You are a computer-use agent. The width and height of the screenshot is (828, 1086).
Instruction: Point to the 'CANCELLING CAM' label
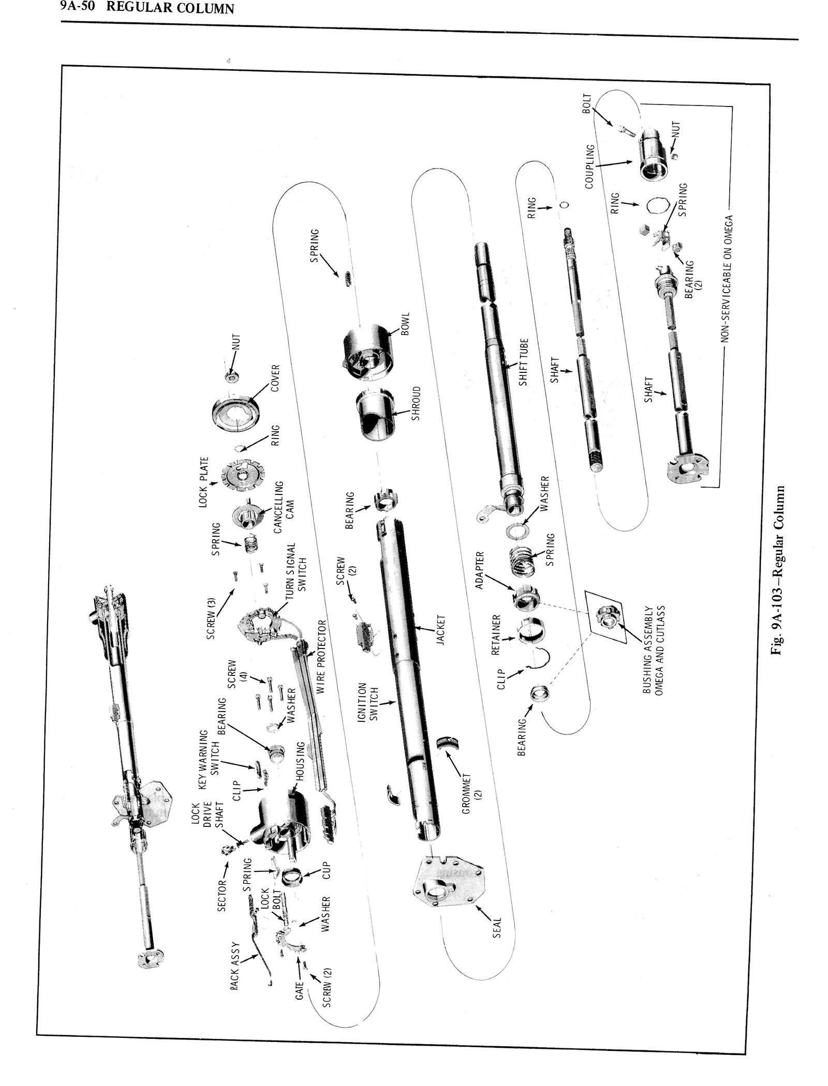coord(284,507)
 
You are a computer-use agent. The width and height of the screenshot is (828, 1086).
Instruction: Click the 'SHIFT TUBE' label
coord(524,362)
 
